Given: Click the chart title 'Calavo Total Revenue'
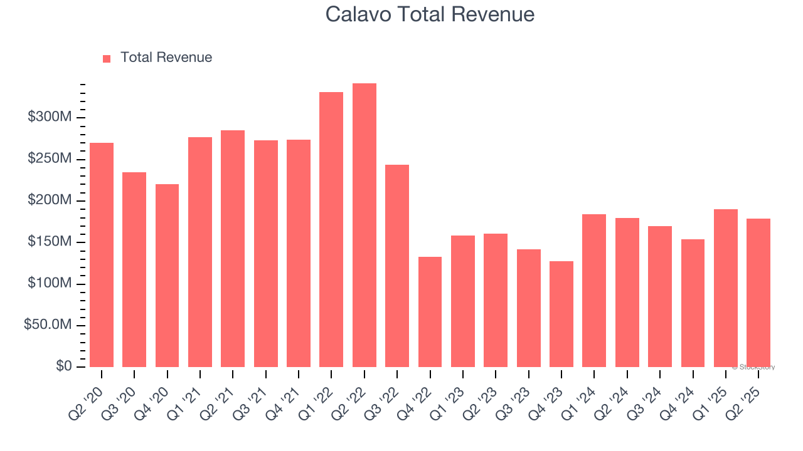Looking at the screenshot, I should [x=430, y=14].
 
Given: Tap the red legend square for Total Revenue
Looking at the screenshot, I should [x=107, y=58].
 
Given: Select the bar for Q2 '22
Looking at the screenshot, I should [x=364, y=225].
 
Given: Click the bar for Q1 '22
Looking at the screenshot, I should [x=331, y=229].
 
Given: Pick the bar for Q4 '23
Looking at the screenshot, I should [x=561, y=314].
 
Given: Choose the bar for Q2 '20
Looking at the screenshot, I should [x=102, y=255].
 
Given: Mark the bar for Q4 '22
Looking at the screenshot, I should [x=430, y=312].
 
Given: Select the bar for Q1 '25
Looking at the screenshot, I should [x=725, y=288].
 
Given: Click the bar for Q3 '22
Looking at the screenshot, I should [x=397, y=266].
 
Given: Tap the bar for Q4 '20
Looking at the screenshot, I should [x=167, y=276].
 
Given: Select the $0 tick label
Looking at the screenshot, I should [x=63, y=366].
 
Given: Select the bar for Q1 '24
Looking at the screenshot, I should [x=594, y=291].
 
